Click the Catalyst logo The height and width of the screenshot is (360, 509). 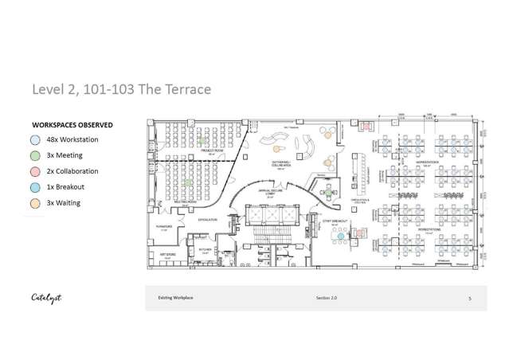coord(46,298)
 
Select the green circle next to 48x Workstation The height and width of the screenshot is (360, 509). coord(37,140)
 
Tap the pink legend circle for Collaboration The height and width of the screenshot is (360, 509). coord(37,171)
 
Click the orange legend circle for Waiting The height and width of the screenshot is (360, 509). coord(37,203)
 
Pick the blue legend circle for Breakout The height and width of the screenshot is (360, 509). coord(37,187)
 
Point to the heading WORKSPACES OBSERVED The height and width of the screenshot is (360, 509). coord(72,125)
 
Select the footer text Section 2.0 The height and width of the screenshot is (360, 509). coord(327,298)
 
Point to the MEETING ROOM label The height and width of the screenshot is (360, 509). coord(186,202)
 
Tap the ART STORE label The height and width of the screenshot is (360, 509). coord(167,255)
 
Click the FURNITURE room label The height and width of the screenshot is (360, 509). coord(164,226)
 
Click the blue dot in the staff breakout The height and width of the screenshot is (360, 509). coord(340,236)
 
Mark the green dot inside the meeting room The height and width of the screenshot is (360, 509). coord(188,182)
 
